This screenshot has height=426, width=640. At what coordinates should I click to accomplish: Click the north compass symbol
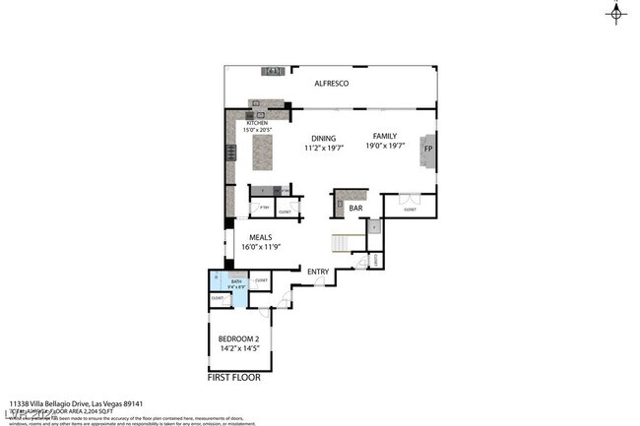tap(616, 14)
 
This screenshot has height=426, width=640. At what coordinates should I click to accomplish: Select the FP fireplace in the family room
tap(427, 149)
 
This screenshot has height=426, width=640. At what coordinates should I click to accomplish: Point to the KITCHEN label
tap(243, 123)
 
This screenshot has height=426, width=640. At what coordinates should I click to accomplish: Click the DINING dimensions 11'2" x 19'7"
tap(324, 149)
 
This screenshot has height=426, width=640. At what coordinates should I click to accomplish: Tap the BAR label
tap(355, 208)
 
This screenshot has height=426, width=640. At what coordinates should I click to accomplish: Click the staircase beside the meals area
tap(341, 243)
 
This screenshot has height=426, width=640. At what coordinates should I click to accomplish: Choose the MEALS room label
tap(260, 237)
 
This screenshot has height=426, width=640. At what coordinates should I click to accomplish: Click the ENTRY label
tap(318, 272)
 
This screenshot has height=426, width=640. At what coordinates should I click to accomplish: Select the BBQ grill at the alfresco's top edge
tap(273, 71)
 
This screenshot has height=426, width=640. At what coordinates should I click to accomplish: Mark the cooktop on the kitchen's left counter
tap(231, 152)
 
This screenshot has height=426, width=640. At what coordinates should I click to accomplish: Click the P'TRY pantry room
tap(263, 208)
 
